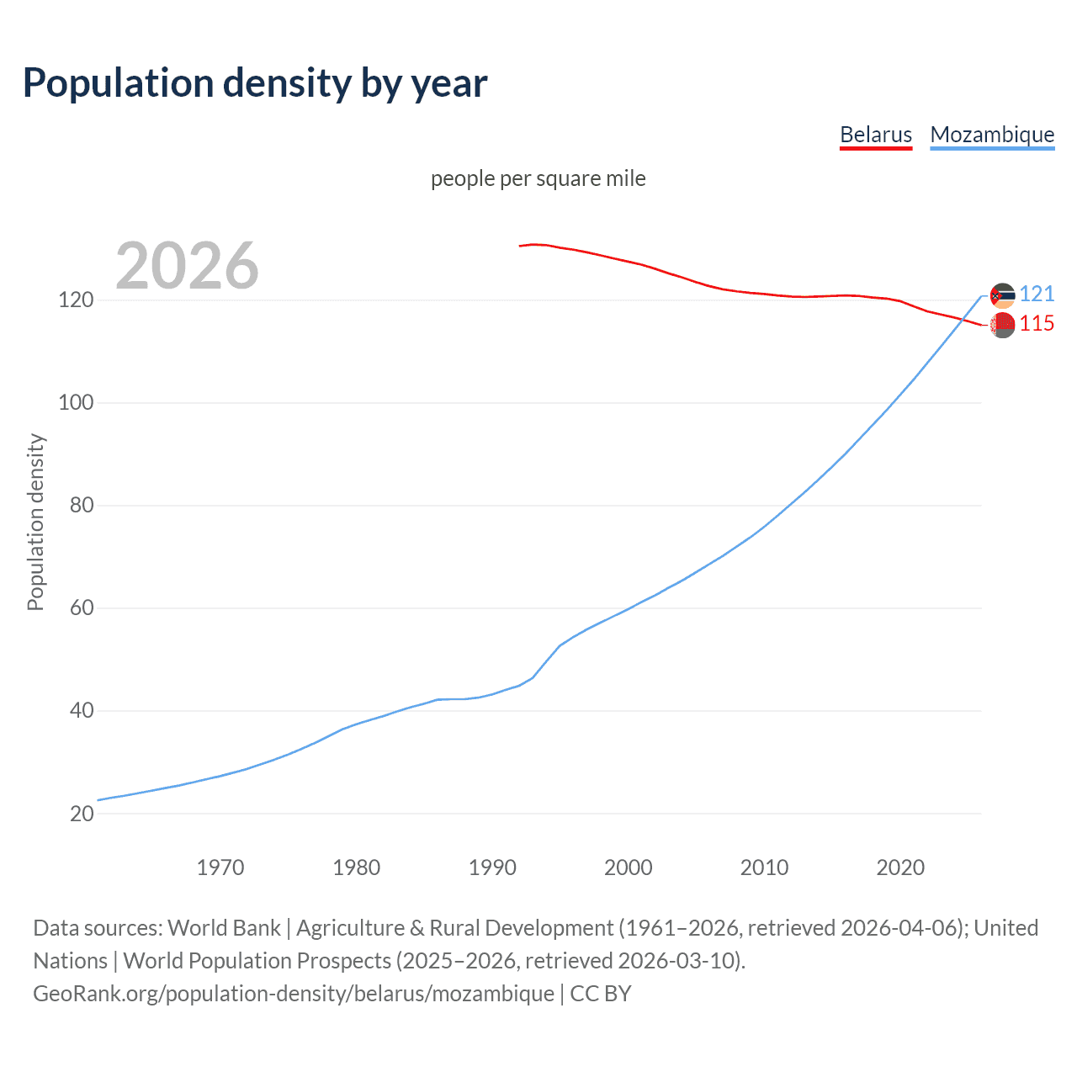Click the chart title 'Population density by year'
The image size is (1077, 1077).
(x=255, y=83)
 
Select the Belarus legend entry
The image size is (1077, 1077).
(x=876, y=135)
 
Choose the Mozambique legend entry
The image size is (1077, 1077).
(x=992, y=135)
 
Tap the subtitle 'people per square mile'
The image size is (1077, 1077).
(x=538, y=178)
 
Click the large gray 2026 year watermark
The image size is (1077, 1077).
(x=187, y=266)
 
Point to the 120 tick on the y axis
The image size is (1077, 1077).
(x=75, y=300)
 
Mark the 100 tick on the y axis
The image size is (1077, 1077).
(x=75, y=403)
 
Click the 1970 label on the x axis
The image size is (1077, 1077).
(x=220, y=867)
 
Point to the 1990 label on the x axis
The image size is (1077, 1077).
(x=492, y=867)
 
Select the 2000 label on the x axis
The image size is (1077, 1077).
(x=629, y=867)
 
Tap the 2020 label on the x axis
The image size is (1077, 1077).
(x=900, y=867)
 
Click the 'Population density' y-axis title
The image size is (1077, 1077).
(x=35, y=522)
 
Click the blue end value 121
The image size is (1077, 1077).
(x=1037, y=294)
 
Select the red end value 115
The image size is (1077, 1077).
(x=1037, y=324)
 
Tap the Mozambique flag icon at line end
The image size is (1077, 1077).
(x=1002, y=295)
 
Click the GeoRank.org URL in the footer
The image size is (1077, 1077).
(x=294, y=994)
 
